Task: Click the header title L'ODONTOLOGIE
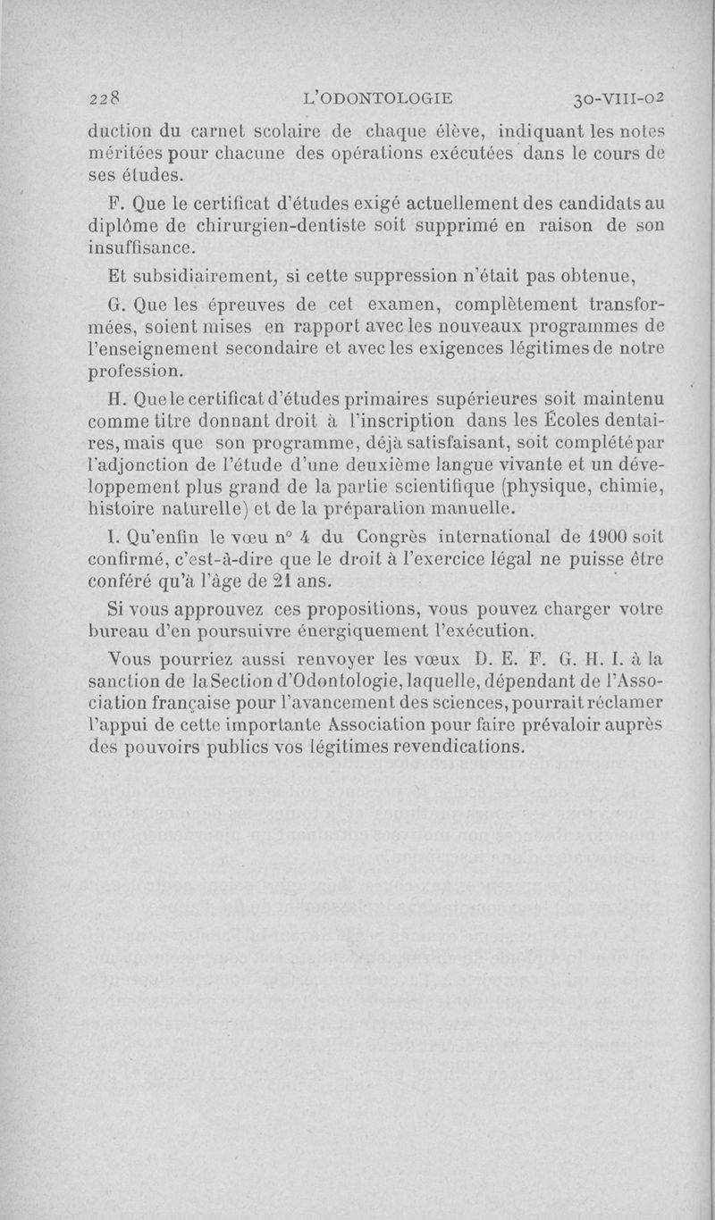pyautogui.click(x=379, y=98)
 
